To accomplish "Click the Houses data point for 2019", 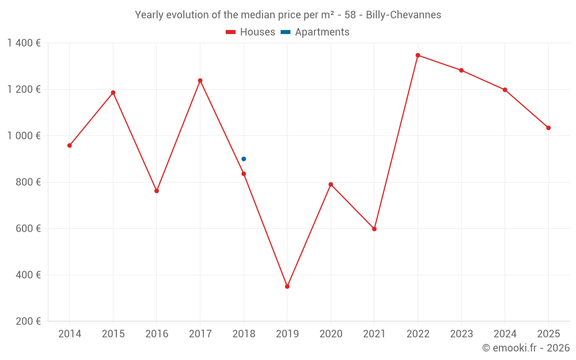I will (x=287, y=286).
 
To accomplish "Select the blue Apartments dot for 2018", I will (x=244, y=159).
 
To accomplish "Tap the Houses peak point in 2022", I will (x=418, y=55).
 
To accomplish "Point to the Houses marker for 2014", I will (x=70, y=146).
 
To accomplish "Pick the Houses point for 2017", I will (x=200, y=81).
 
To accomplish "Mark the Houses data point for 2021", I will (x=374, y=229).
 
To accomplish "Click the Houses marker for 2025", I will (x=548, y=128).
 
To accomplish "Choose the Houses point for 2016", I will (x=157, y=191).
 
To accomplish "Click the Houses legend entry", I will (x=251, y=32).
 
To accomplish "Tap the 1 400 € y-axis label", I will (x=24, y=43).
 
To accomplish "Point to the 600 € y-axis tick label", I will (x=28, y=229).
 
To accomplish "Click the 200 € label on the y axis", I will (x=28, y=321).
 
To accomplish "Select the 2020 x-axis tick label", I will (x=331, y=334).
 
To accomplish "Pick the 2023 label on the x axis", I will (x=461, y=334).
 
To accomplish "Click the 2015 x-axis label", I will (x=113, y=334).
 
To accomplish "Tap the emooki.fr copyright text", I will (x=525, y=348).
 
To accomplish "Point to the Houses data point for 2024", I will (x=505, y=90).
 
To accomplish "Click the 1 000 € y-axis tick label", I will (x=24, y=136).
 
